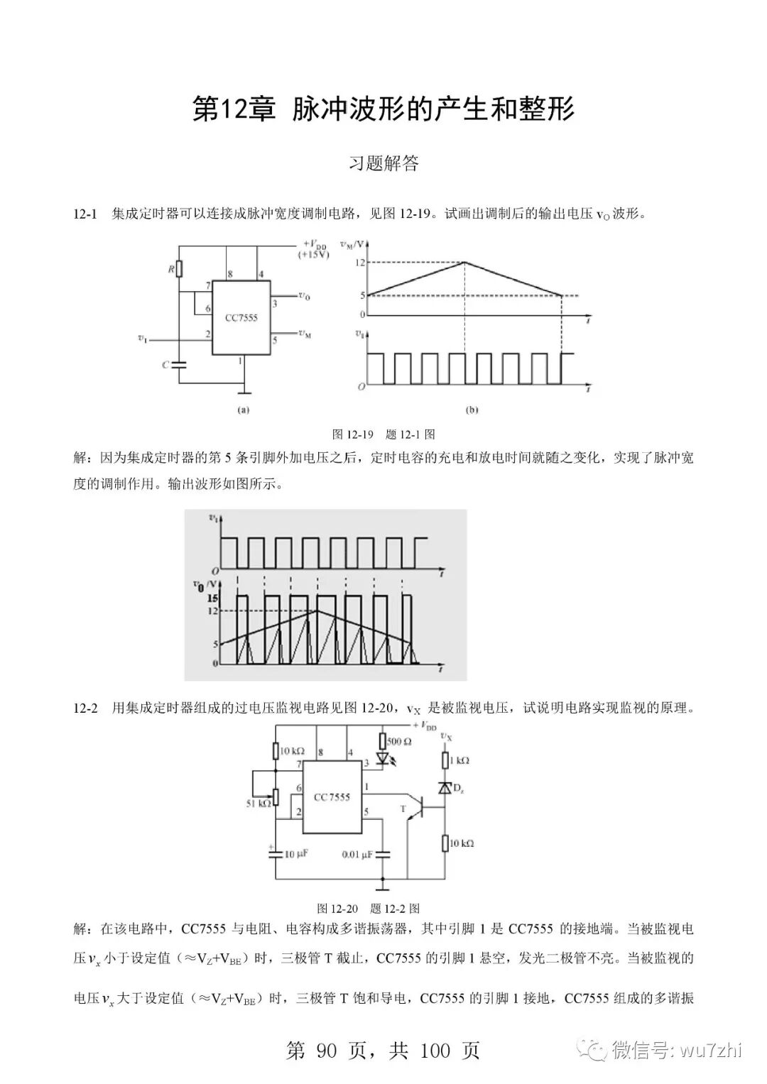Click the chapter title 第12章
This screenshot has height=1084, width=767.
pos(234,110)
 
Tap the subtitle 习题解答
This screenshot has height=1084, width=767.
pos(383,163)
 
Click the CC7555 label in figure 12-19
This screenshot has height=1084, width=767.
pos(241,318)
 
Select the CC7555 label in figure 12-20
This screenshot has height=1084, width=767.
pos(332,797)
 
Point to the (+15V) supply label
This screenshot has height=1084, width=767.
pos(314,254)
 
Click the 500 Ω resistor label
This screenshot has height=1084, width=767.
pos(399,741)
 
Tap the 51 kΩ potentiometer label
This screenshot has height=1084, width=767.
pos(259,804)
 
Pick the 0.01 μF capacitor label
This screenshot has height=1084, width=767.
pos(357,855)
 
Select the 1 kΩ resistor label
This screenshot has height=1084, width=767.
pos(459,760)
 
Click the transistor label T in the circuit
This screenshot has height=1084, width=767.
pos(403,808)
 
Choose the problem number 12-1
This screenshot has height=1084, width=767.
pos(85,214)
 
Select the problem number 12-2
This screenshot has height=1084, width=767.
pos(85,708)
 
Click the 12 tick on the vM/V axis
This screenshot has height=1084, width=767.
pos(360,263)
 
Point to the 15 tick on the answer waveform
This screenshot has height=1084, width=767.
pos(212,598)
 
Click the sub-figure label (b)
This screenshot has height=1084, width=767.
pos(472,410)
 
